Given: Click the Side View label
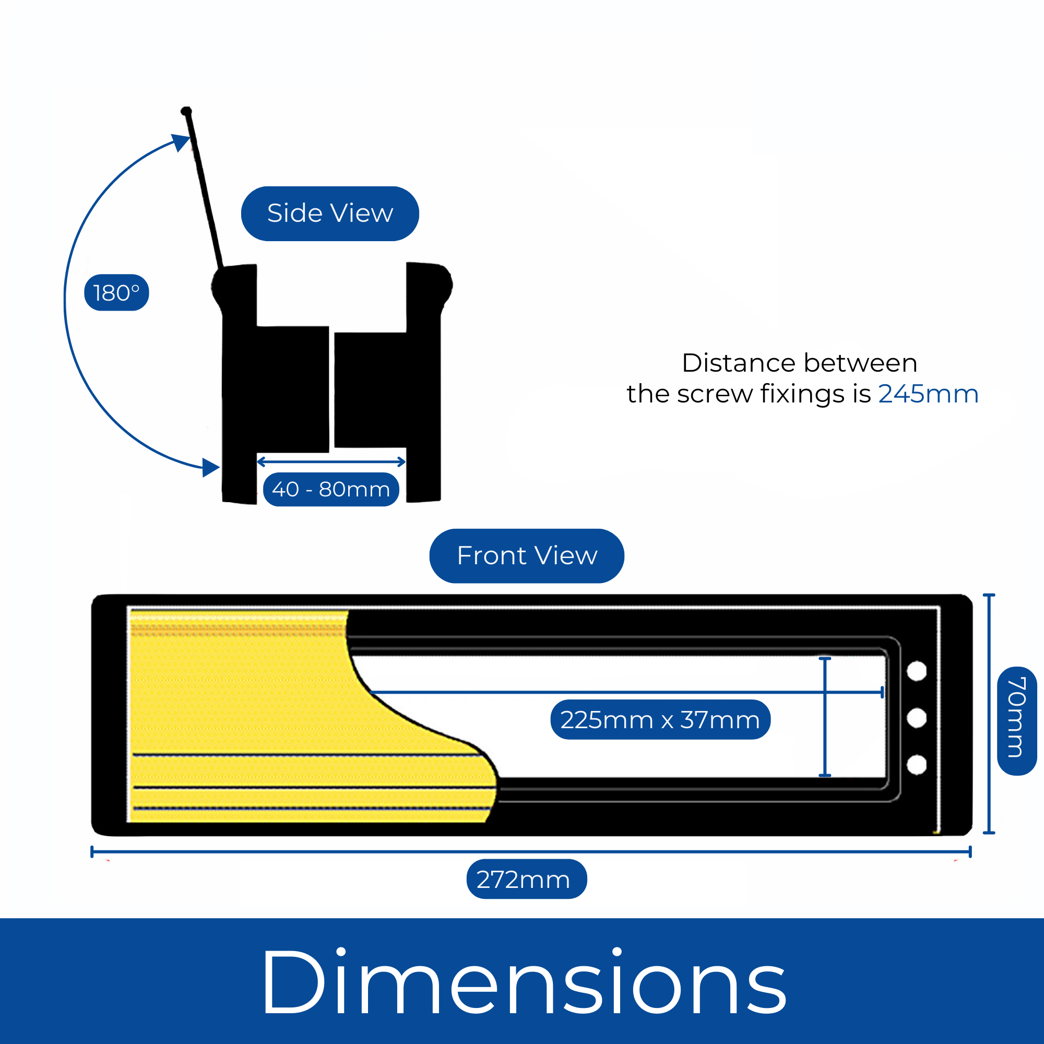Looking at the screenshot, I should (x=329, y=213).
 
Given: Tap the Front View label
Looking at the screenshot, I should (x=527, y=555).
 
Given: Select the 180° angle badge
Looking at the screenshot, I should (x=116, y=293).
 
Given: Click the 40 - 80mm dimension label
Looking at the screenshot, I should (x=331, y=490).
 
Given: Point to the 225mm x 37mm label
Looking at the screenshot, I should (x=660, y=720).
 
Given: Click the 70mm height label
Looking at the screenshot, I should (x=1016, y=721).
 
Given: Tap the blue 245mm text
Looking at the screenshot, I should (x=928, y=394).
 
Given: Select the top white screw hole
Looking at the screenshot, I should (x=917, y=671).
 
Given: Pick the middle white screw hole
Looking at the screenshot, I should (x=917, y=718).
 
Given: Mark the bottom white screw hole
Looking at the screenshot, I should (x=917, y=765).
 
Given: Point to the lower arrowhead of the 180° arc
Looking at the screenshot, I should (x=211, y=467).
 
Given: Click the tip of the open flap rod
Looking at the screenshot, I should (x=186, y=111).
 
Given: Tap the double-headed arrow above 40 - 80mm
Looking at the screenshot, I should (x=331, y=461).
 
